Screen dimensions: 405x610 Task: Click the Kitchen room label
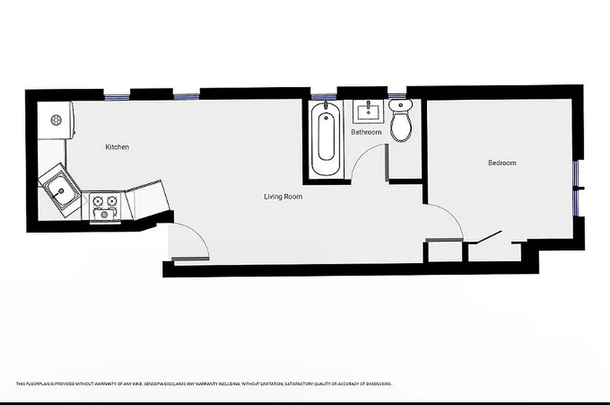point(117,147)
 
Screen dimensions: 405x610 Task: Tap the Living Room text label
point(283,196)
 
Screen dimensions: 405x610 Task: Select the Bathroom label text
point(366,132)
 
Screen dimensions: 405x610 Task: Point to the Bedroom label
point(502,163)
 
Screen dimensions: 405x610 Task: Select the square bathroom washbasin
point(368,111)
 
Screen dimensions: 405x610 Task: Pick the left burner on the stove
point(98,201)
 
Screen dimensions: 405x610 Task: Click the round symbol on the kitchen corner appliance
point(56,120)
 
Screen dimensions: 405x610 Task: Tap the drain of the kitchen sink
point(61,191)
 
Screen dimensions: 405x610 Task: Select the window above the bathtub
point(324,97)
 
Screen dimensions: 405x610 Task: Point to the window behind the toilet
point(397,96)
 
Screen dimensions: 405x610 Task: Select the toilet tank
point(401,105)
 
